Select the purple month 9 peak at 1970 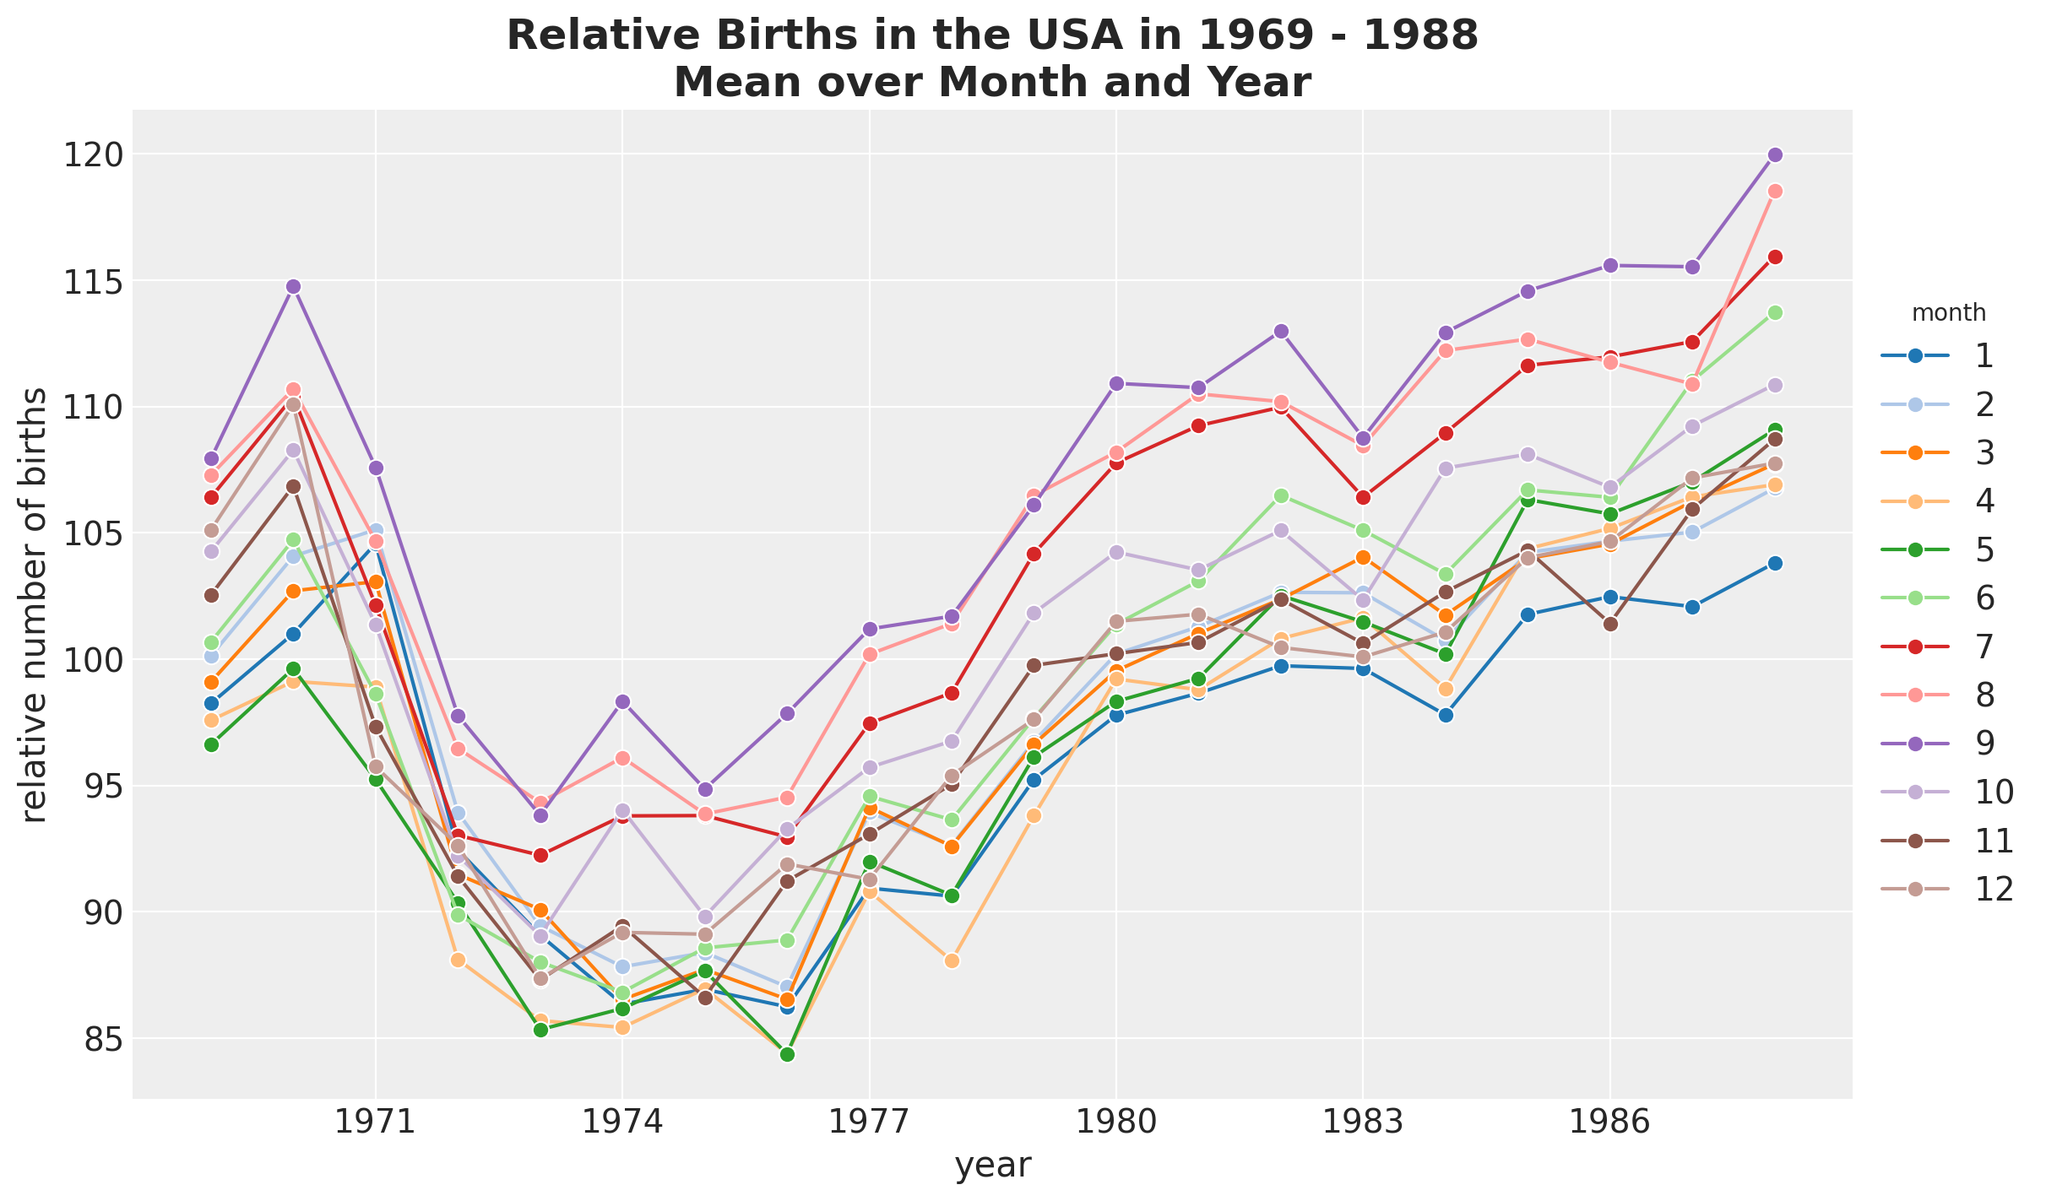point(293,286)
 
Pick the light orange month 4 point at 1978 point(952,960)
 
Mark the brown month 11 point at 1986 point(1609,624)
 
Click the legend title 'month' point(1948,313)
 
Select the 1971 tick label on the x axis point(375,1123)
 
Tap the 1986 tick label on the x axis point(1609,1123)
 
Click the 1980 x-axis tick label point(1116,1123)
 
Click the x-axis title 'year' point(992,1166)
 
